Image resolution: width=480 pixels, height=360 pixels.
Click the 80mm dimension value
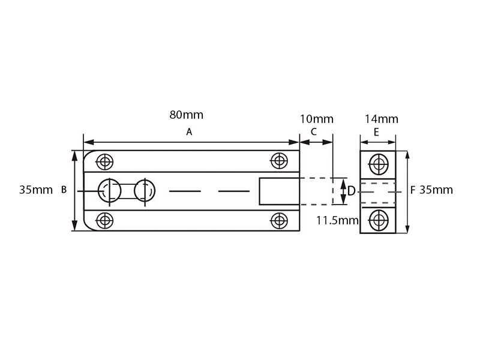[186, 115]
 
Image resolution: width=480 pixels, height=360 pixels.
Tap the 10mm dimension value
[317, 119]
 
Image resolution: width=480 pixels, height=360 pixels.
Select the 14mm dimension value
[382, 119]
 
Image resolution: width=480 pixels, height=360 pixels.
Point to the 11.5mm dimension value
[337, 220]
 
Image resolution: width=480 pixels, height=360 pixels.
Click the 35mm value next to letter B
[36, 190]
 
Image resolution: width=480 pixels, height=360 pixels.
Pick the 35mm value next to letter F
[436, 190]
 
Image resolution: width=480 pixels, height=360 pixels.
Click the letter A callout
[189, 132]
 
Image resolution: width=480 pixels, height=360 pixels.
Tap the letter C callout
[313, 132]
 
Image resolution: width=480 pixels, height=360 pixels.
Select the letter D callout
[351, 191]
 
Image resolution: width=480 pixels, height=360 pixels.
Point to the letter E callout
[376, 132]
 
